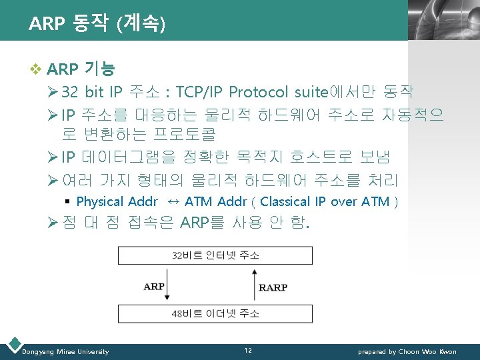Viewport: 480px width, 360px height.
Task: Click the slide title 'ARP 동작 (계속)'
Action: [97, 24]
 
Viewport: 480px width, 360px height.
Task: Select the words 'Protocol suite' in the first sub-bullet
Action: [273, 92]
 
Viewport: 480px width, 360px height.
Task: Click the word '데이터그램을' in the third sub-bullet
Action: [126, 157]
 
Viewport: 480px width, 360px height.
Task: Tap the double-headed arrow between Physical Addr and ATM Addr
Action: [172, 201]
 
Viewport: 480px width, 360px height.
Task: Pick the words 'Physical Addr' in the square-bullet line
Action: [117, 201]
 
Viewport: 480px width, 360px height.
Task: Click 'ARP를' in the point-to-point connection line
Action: [203, 223]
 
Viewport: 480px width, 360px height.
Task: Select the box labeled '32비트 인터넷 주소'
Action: [215, 255]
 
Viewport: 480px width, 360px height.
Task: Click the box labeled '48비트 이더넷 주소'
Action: [215, 313]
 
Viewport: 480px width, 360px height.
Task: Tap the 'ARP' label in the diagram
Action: [154, 287]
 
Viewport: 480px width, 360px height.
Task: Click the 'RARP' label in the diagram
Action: [273, 287]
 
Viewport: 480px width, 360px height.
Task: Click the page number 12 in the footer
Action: [247, 351]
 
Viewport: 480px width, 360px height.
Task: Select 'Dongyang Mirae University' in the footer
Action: [65, 351]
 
